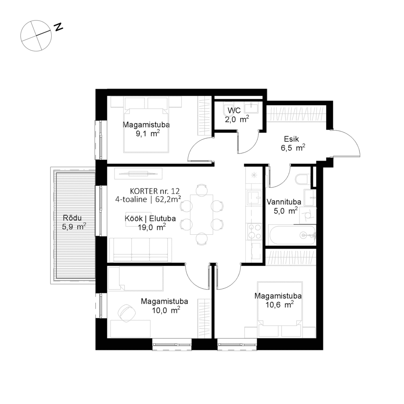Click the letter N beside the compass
[x=58, y=27]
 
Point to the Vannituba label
[x=284, y=202]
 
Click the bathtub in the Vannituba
[x=292, y=235]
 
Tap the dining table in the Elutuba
[x=202, y=214]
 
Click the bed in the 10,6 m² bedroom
[x=279, y=304]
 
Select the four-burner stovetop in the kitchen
[x=254, y=232]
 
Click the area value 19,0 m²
[x=152, y=227]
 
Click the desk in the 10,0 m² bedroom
[x=130, y=329]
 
